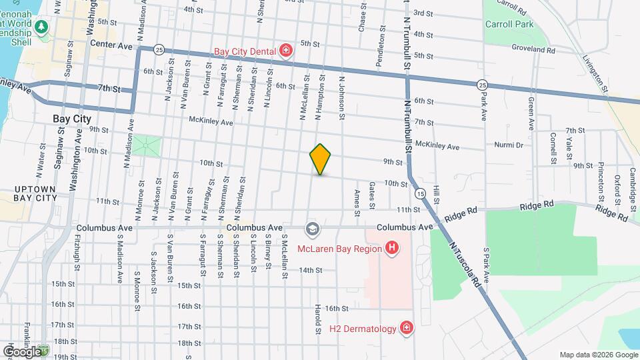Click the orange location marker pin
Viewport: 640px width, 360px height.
[321, 159]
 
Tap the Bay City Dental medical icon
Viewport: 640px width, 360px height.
[286, 51]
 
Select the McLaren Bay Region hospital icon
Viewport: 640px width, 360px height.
[392, 249]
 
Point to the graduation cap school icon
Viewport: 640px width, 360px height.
[311, 229]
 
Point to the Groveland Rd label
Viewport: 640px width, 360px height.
[533, 49]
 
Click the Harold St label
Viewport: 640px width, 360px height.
[318, 321]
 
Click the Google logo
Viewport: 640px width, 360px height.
[22, 351]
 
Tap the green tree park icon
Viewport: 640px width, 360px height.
[42, 27]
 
